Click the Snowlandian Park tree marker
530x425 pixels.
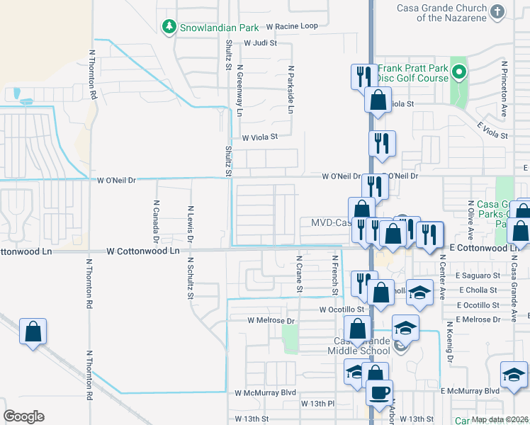169,28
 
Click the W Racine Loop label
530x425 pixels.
292,26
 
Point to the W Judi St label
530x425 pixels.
259,42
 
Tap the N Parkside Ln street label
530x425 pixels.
291,90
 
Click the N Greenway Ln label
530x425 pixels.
239,93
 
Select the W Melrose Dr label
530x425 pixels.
270,320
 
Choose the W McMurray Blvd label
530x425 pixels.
264,392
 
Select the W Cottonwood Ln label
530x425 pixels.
143,251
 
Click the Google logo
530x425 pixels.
23,416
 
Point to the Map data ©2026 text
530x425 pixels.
500,419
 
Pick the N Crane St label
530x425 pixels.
300,275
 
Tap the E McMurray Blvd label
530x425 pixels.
470,391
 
